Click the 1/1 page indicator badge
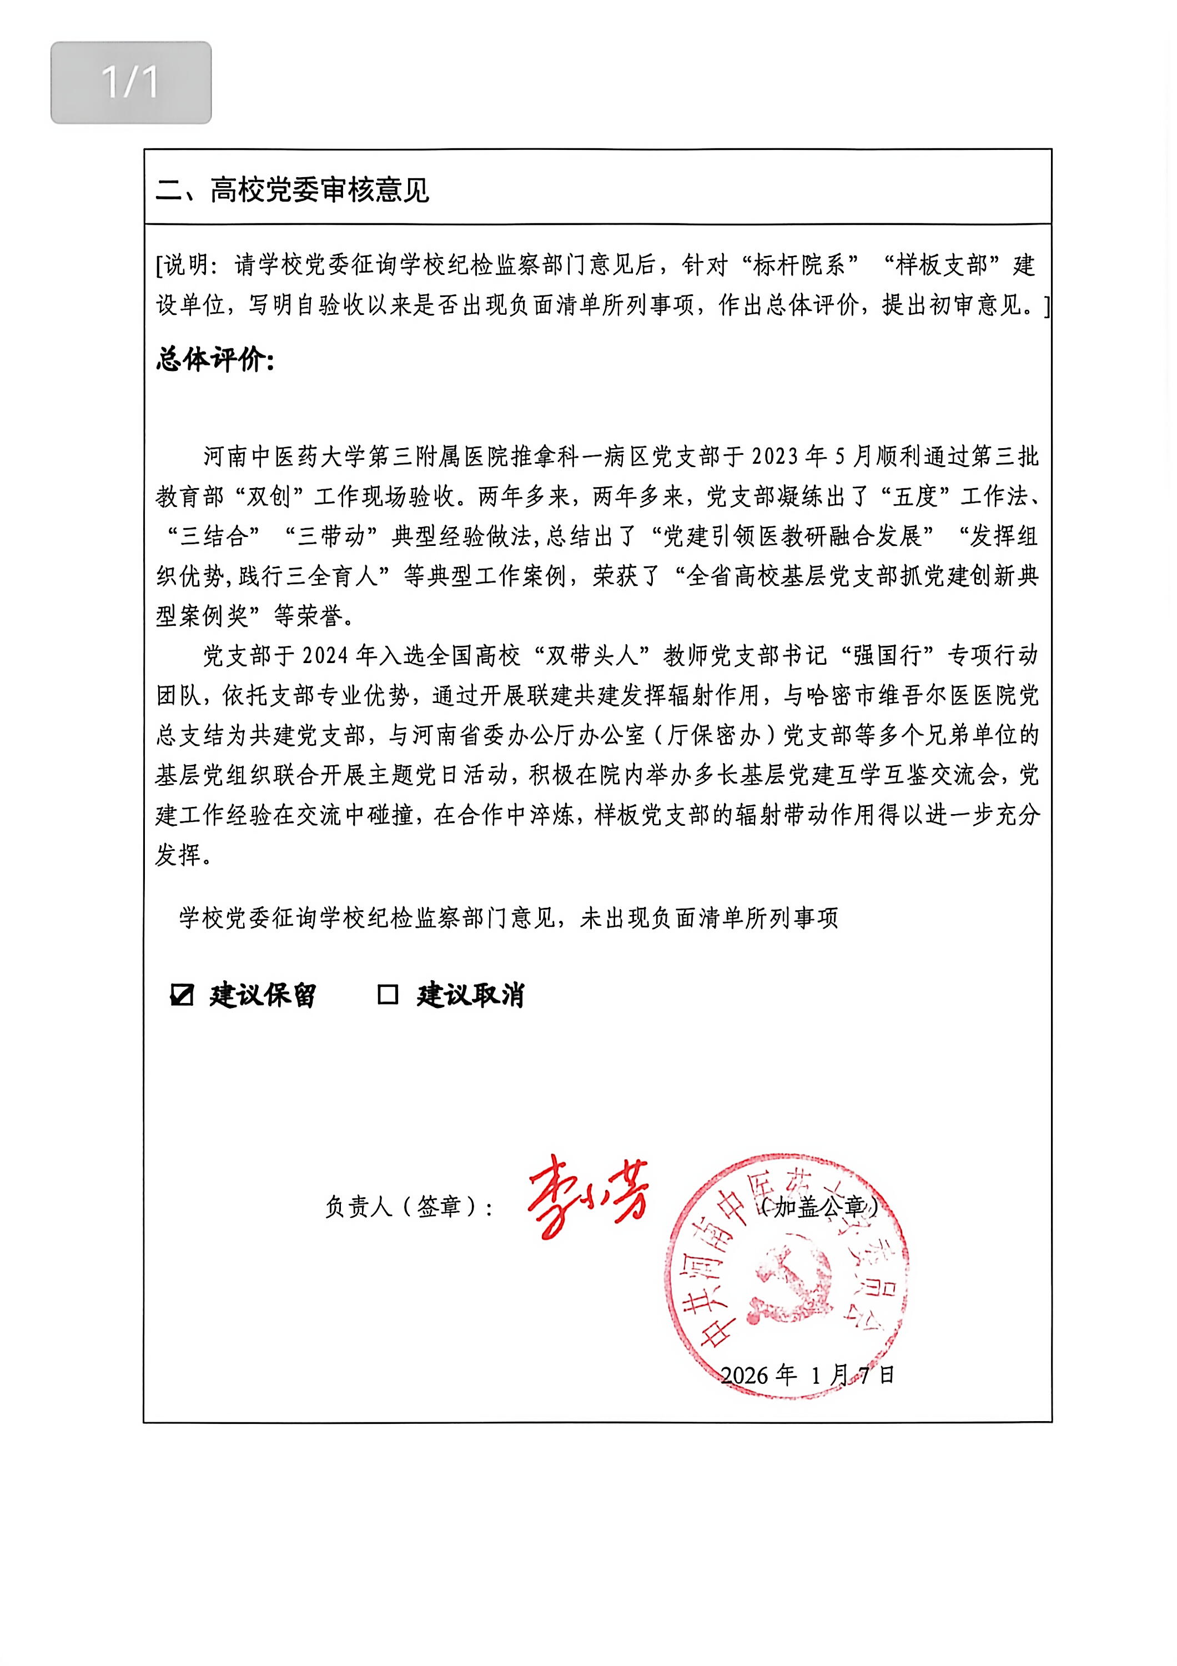pyautogui.click(x=130, y=82)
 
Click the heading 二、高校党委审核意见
pyautogui.click(x=292, y=190)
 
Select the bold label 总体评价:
pyautogui.click(x=215, y=359)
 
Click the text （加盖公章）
pyautogui.click(x=819, y=1207)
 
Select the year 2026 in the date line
pyautogui.click(x=745, y=1375)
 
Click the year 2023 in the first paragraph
pyautogui.click(x=778, y=456)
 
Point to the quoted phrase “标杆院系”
pyautogui.click(x=798, y=265)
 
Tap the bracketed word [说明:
pyautogui.click(x=190, y=265)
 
